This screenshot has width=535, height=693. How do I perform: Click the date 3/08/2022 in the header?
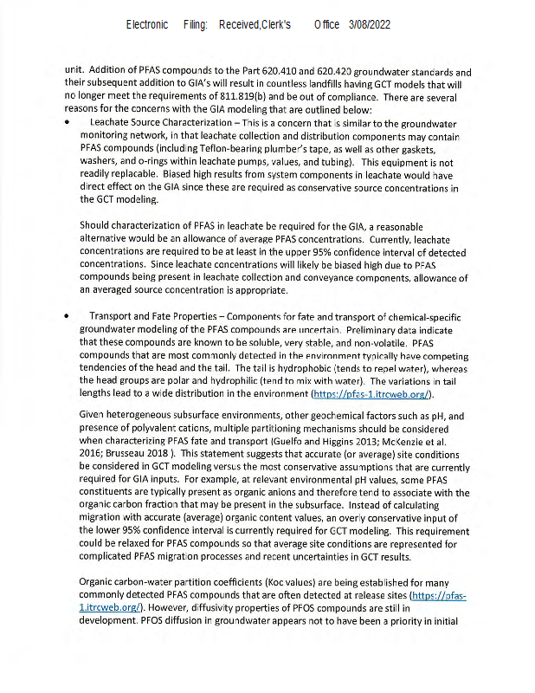pyautogui.click(x=370, y=25)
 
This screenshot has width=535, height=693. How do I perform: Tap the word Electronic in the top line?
pyautogui.click(x=147, y=25)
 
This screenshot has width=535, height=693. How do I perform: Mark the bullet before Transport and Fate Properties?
pyautogui.click(x=68, y=316)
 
